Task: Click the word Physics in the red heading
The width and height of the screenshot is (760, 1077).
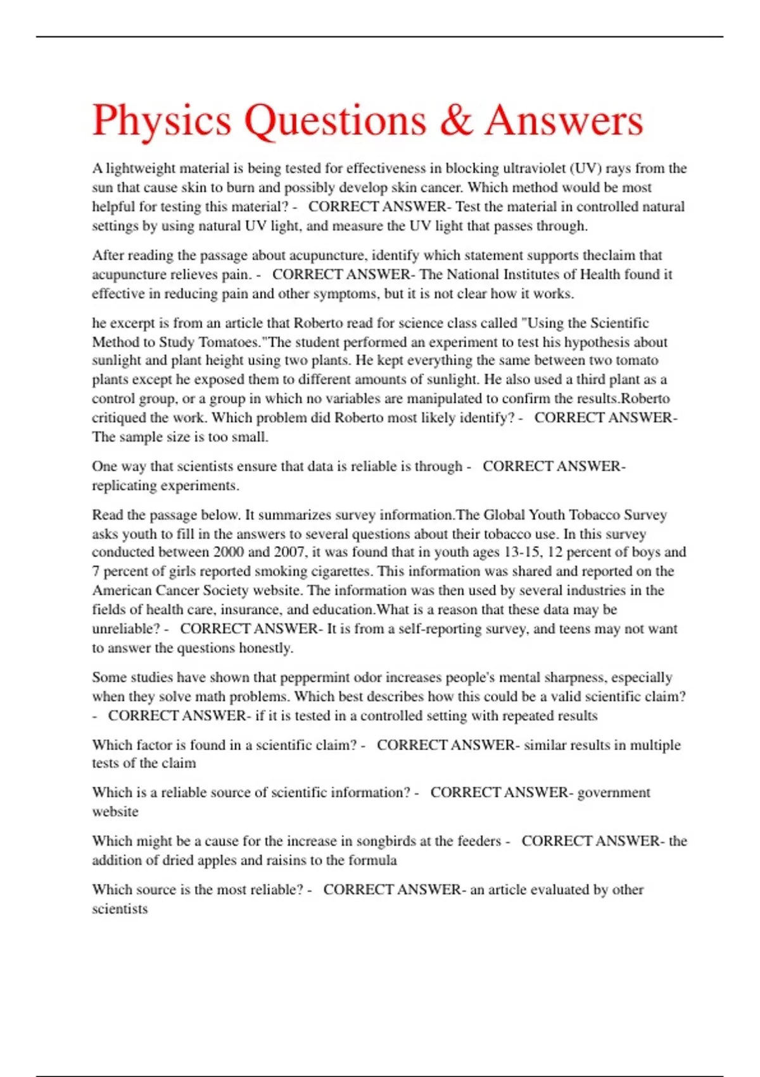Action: [161, 120]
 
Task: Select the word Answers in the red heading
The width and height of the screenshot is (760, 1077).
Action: [564, 120]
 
